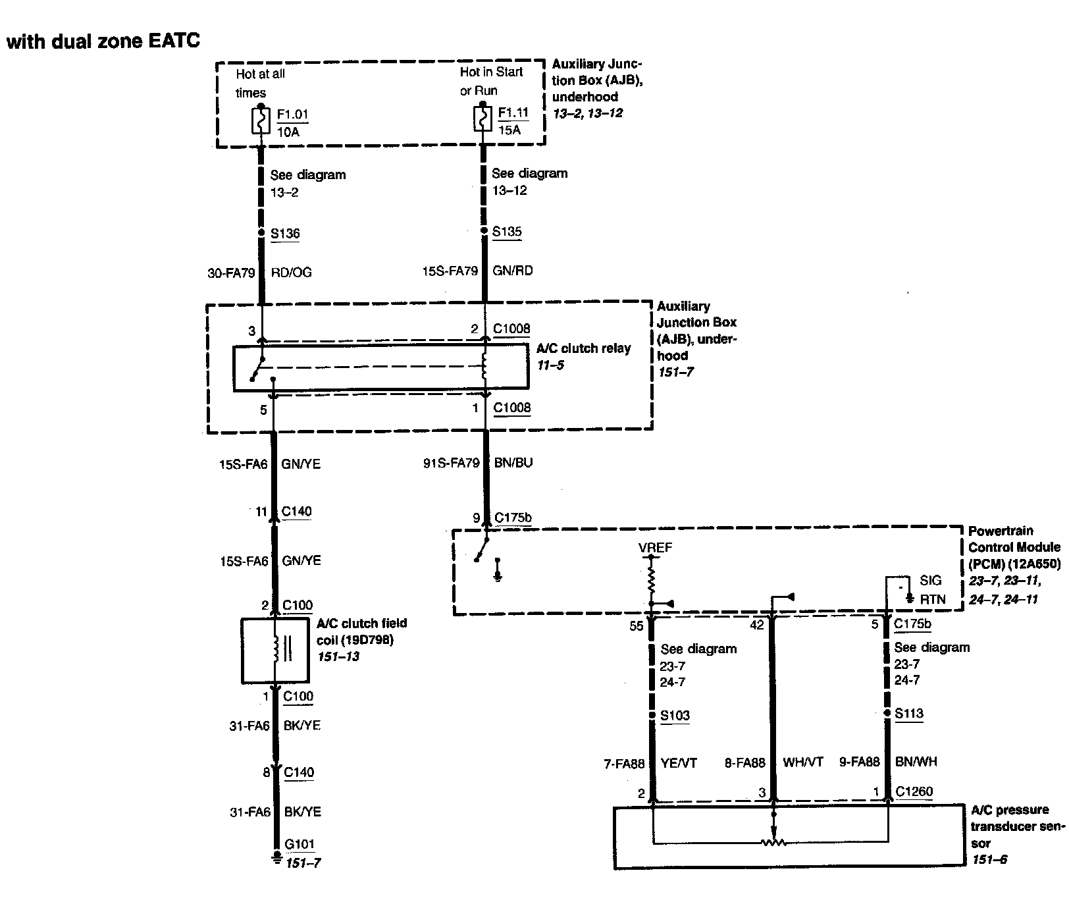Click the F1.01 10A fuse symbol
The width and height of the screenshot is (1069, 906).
click(x=261, y=121)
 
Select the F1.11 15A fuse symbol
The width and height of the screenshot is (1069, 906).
click(x=483, y=120)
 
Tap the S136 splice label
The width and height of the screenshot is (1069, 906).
click(x=285, y=233)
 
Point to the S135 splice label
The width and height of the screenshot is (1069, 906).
click(x=507, y=232)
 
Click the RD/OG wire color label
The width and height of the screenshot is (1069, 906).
click(x=291, y=273)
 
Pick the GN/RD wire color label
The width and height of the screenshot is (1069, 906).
click(x=512, y=271)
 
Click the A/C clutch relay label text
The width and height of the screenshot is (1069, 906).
click(x=583, y=348)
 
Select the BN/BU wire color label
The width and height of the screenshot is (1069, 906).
click(x=513, y=463)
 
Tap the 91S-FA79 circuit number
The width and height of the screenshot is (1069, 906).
click(x=451, y=463)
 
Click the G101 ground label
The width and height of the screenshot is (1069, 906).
click(x=300, y=844)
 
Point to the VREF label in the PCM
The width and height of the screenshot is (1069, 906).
click(x=655, y=548)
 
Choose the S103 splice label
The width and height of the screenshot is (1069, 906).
click(x=675, y=716)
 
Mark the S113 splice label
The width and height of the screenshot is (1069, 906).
click(x=908, y=714)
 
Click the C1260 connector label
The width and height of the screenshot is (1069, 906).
click(x=914, y=791)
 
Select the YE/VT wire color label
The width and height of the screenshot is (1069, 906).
click(x=679, y=763)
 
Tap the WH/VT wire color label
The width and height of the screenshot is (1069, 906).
click(x=802, y=763)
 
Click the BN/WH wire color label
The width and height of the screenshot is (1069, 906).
click(x=916, y=762)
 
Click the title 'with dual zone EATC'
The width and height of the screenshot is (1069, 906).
click(x=103, y=41)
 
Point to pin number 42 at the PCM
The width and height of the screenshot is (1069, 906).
click(x=757, y=624)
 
